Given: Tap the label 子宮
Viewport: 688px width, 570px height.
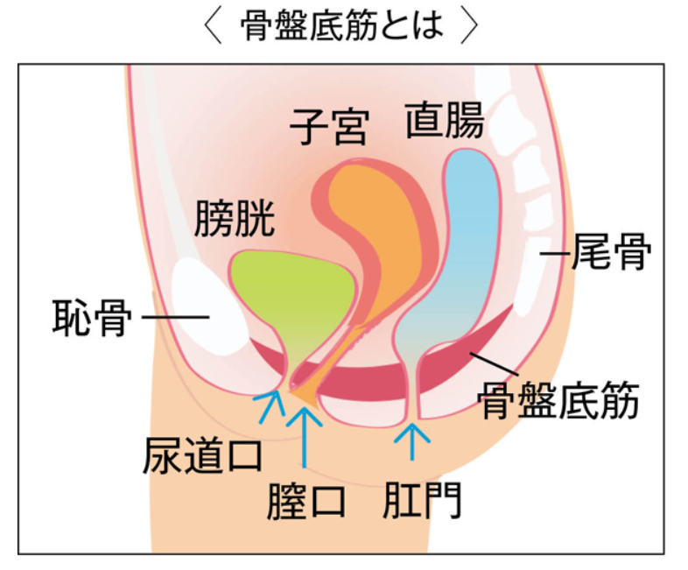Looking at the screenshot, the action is tap(329, 126).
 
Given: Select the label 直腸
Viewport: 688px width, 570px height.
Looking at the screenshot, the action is tap(445, 120).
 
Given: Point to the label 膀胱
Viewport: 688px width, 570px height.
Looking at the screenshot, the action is tap(235, 218).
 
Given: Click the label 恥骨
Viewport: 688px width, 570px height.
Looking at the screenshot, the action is tap(92, 317).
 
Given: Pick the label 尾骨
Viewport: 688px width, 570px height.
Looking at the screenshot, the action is tap(612, 251).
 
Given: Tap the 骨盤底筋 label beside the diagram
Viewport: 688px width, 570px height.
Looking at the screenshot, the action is tap(558, 401).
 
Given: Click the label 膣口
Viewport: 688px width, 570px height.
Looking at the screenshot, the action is tap(305, 501).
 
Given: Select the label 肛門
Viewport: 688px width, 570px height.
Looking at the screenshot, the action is tap(422, 500).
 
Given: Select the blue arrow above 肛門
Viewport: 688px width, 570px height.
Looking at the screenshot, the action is tap(412, 441).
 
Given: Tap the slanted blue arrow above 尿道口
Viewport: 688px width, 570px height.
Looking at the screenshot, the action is tap(270, 406).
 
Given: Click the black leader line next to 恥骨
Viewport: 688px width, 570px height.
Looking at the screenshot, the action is tap(176, 317).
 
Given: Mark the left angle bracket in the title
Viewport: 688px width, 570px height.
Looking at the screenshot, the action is tap(213, 25).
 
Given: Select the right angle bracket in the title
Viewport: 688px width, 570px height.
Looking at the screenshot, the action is tap(469, 25).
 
